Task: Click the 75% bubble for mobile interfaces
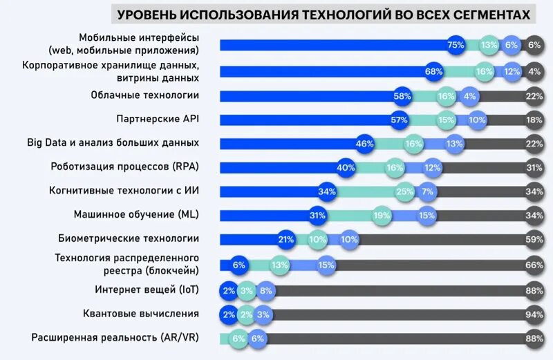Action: click(x=456, y=45)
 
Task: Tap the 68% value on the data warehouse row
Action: click(x=434, y=71)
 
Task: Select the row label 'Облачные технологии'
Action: click(x=145, y=95)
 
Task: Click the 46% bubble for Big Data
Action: click(x=364, y=144)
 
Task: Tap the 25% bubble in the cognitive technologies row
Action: click(x=404, y=191)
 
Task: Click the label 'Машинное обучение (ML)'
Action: click(x=136, y=214)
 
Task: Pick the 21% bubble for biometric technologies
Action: click(x=286, y=239)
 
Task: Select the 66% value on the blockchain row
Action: click(x=533, y=265)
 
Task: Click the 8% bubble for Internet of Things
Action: click(x=265, y=291)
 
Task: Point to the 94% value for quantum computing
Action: click(x=533, y=314)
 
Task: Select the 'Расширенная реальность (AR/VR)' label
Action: click(x=115, y=337)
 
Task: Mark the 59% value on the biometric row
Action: click(x=533, y=239)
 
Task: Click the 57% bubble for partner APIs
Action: click(x=399, y=120)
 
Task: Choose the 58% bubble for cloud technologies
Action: click(x=402, y=96)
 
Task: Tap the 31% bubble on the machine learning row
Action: click(x=317, y=216)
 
